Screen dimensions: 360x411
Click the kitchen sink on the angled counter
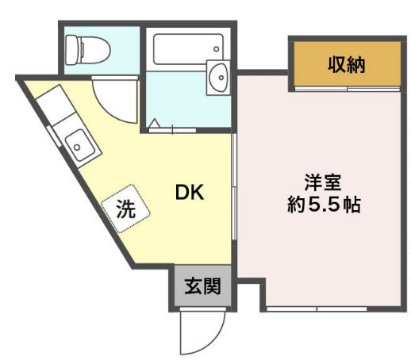coord(79,144)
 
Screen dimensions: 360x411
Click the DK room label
coord(190,192)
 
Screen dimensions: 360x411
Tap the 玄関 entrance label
coord(202,286)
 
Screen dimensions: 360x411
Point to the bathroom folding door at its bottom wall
coord(171,128)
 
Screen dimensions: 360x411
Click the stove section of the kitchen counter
coord(48,107)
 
